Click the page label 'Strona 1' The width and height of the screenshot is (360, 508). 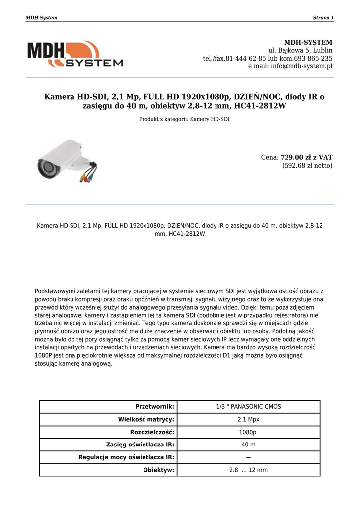point(323,18)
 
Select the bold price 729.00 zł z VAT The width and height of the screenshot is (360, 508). point(306,157)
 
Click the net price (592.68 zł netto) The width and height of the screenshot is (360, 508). point(307,166)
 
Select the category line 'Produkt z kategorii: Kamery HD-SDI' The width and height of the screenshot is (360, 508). point(184,119)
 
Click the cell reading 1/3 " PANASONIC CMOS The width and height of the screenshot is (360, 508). point(248,407)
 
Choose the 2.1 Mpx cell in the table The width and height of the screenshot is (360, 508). point(248,419)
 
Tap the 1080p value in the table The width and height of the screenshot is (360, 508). point(248,432)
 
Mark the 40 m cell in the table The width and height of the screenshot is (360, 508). point(248,444)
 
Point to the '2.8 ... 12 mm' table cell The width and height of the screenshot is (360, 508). point(248,470)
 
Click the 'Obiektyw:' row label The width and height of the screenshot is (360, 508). point(158,470)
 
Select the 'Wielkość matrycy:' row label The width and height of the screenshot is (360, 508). point(146,419)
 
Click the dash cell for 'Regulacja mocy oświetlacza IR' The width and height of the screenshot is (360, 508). point(248,457)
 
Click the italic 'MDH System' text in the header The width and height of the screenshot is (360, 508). point(41,18)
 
